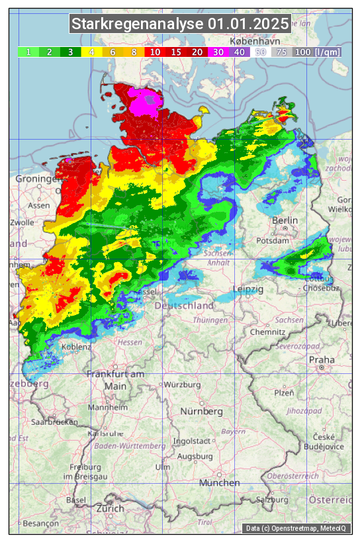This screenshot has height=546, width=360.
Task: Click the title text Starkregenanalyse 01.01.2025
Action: coord(180,24)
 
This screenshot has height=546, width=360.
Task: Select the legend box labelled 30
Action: coord(218,52)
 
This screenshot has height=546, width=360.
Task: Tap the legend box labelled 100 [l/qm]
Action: coord(316,52)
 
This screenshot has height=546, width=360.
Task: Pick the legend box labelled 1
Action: coord(28,52)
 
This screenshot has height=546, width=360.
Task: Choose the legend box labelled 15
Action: coord(176,52)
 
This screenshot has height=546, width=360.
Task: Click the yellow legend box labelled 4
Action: coord(92,52)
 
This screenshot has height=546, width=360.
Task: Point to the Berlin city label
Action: coord(285,220)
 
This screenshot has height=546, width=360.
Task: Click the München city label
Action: coord(219,483)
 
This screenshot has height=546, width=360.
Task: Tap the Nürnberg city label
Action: coord(201,411)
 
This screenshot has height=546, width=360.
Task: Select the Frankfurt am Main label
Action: coord(115,380)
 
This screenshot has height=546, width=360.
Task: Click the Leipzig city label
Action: coord(248,290)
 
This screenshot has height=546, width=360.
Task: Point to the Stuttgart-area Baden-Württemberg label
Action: coord(130,446)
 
